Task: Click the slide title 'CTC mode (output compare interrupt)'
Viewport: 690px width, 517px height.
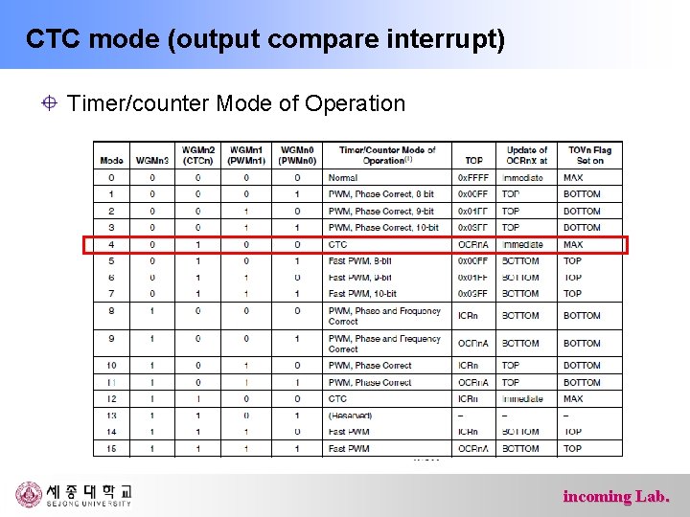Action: pyautogui.click(x=265, y=40)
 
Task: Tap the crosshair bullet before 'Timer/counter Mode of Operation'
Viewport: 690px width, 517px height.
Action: pyautogui.click(x=50, y=103)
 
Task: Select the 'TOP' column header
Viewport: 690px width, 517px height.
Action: pyautogui.click(x=473, y=161)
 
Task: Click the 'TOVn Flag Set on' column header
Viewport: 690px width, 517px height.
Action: pyautogui.click(x=589, y=155)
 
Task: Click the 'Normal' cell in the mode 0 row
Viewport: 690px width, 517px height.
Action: pyautogui.click(x=342, y=178)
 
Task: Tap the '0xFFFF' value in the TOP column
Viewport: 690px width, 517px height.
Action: pyautogui.click(x=472, y=178)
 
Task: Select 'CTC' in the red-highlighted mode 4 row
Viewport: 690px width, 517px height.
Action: pyautogui.click(x=337, y=244)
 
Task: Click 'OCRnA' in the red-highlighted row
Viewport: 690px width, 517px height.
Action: pyautogui.click(x=472, y=244)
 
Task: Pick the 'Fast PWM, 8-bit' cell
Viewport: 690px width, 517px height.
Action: pyautogui.click(x=359, y=260)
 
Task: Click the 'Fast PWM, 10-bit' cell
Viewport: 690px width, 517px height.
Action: pyautogui.click(x=362, y=294)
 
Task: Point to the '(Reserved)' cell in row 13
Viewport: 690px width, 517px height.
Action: pyautogui.click(x=350, y=416)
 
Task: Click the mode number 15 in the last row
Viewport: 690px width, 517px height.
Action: pyautogui.click(x=111, y=448)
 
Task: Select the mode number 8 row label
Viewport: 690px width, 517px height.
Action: pyautogui.click(x=111, y=311)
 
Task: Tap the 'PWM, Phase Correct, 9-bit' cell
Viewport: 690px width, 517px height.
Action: pyautogui.click(x=381, y=211)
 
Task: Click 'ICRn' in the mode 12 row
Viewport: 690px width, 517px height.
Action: pyautogui.click(x=468, y=398)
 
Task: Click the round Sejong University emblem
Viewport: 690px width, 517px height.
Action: pyautogui.click(x=29, y=494)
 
